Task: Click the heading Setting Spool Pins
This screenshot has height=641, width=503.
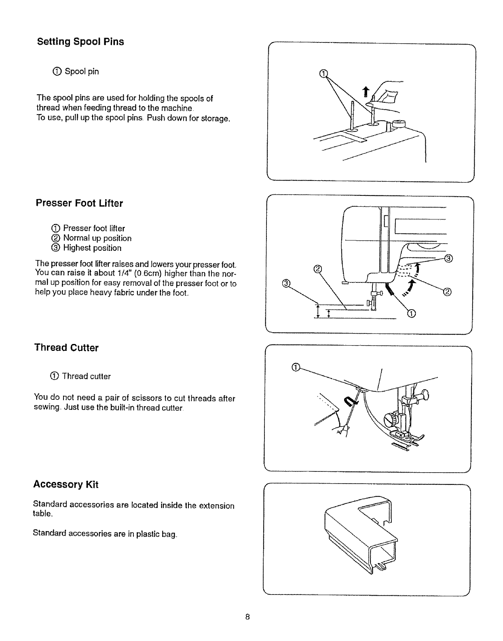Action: (80, 42)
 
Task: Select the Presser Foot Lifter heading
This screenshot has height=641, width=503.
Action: (79, 203)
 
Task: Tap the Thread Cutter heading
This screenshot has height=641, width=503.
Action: (67, 348)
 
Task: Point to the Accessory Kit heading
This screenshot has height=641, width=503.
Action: (66, 484)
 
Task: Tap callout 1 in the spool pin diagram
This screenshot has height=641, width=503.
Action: (323, 73)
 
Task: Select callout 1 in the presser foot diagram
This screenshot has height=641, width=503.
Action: (411, 313)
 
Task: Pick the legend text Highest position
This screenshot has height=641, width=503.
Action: (92, 248)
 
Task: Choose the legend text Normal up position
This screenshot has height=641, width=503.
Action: (97, 238)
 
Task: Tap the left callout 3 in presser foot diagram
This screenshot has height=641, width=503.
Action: (286, 283)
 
